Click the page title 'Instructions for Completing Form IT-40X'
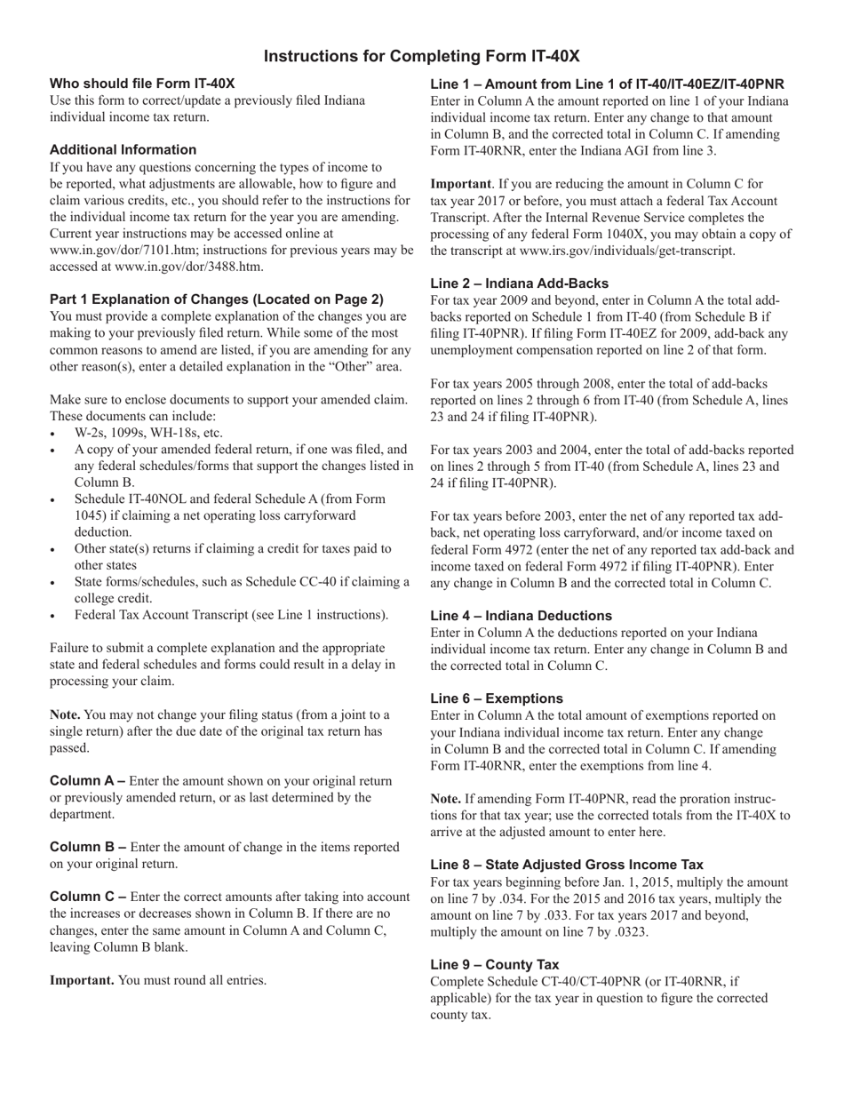pyautogui.click(x=421, y=57)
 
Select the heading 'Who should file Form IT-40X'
pyautogui.click(x=142, y=84)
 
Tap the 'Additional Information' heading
pyautogui.click(x=123, y=149)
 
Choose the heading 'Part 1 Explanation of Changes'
pyautogui.click(x=217, y=299)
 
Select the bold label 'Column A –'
pyautogui.click(x=88, y=781)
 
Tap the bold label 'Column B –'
pyautogui.click(x=88, y=847)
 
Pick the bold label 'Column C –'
pyautogui.click(x=88, y=897)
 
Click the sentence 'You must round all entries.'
pyautogui.click(x=192, y=980)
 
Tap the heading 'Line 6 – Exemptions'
pyautogui.click(x=496, y=698)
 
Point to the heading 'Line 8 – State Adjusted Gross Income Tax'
pyautogui.click(x=566, y=865)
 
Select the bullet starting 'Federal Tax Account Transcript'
pyautogui.click(x=231, y=615)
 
